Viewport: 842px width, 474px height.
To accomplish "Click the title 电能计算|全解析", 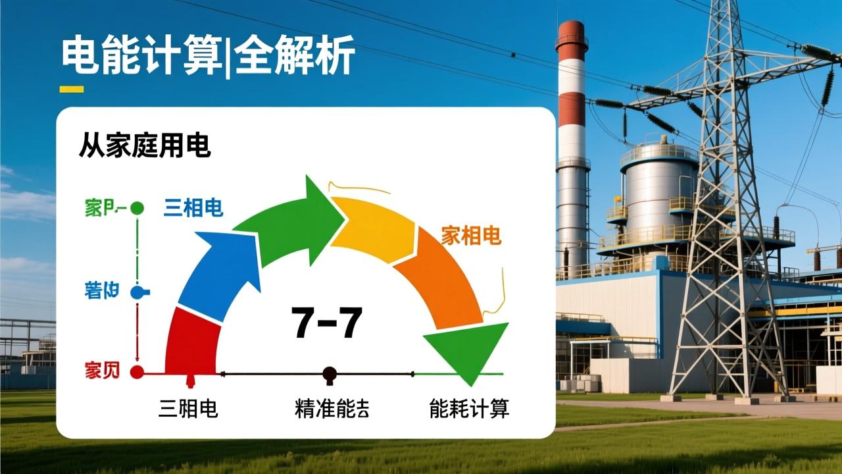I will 208,56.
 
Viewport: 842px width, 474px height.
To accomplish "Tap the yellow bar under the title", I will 72,89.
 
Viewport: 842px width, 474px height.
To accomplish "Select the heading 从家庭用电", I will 145,145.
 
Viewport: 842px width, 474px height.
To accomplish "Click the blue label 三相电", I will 193,208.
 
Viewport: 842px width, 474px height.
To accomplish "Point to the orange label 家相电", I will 471,235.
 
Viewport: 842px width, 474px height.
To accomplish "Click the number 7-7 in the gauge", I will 327,323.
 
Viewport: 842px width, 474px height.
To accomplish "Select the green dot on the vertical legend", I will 137,208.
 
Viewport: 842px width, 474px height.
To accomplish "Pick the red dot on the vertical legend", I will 137,372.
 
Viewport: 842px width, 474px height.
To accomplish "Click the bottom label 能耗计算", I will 469,409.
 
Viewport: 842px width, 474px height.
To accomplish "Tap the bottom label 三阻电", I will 188,409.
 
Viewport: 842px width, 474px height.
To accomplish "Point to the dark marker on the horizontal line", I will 330,375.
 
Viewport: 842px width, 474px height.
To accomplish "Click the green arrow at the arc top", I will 296,221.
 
